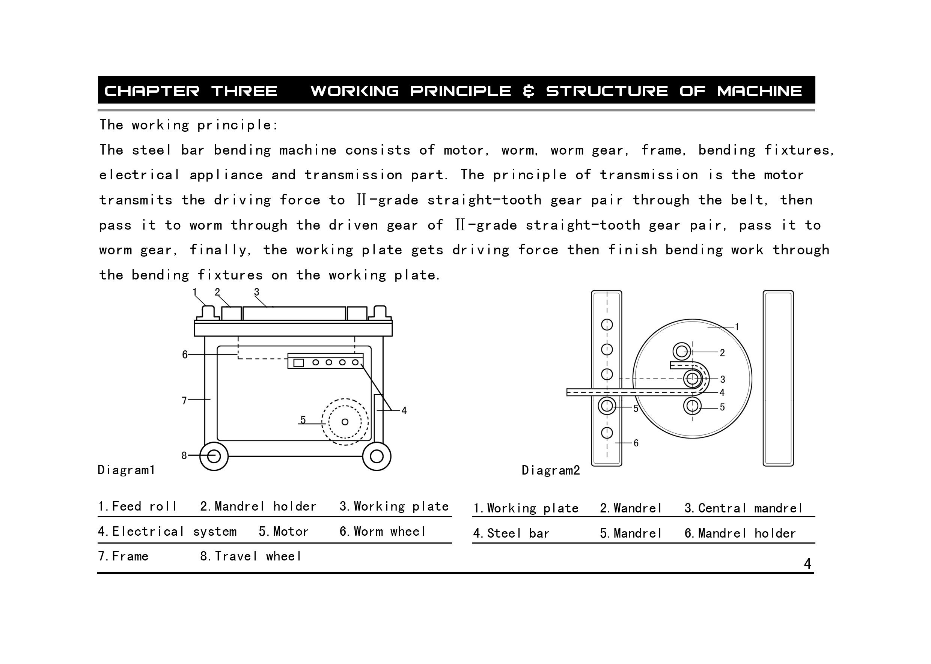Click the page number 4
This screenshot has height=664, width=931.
pos(807,564)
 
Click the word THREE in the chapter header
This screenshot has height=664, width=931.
pos(244,91)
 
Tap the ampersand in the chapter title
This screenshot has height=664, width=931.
pos(529,91)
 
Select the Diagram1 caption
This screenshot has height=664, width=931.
pos(127,470)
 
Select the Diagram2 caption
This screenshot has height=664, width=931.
pos(551,470)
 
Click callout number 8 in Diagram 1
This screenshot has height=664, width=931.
pos(184,455)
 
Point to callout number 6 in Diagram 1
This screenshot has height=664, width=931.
pos(185,355)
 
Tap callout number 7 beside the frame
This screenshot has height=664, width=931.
pos(184,400)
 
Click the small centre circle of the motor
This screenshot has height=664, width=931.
pos(345,422)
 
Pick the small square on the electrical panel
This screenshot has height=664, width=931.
pos(298,363)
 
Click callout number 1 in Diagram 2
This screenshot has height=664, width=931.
pos(737,327)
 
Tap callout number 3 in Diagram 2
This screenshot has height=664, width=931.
pos(722,379)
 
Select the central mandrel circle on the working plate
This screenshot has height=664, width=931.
pos(692,379)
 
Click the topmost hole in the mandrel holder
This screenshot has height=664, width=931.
pos(607,324)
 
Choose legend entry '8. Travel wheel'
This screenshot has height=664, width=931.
pos(251,556)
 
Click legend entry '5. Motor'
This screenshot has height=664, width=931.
pos(283,531)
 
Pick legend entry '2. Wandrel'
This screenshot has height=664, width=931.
pos(631,508)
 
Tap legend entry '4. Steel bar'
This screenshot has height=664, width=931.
pos(511,533)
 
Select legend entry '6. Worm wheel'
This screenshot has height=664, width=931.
pos(383,531)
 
